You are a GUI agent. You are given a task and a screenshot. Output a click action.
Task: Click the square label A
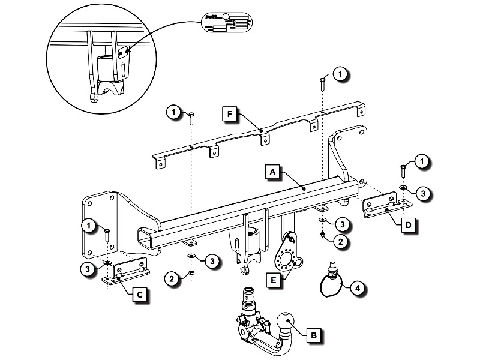point(272,172)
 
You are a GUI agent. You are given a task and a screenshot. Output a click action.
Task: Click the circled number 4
point(356,288)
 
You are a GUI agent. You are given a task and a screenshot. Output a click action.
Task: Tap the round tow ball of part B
point(287,325)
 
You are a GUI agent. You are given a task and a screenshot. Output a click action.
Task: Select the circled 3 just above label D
point(422,193)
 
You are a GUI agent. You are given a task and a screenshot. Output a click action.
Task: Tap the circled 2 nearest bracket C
point(173,278)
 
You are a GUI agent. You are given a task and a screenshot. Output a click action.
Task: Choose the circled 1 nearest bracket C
point(89,225)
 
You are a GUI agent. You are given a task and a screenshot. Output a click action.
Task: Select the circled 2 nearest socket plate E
point(341,242)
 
